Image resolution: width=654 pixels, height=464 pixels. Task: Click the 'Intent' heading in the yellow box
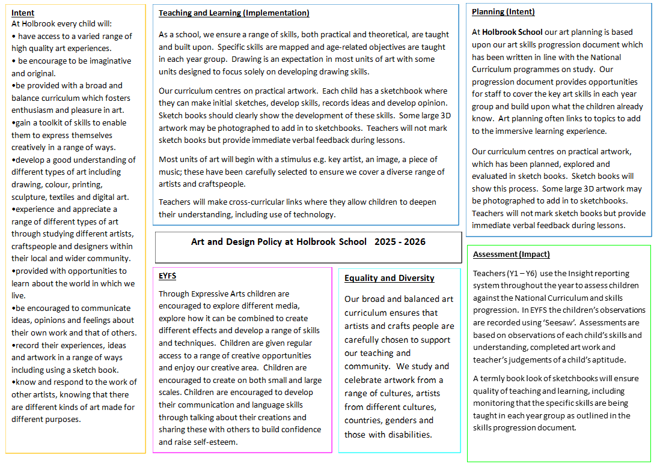(x=23, y=13)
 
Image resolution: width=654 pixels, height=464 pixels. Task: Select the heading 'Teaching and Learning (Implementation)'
(x=234, y=13)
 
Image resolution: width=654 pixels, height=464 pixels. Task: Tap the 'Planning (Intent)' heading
(x=503, y=11)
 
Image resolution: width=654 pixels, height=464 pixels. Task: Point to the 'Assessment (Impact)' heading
(x=512, y=254)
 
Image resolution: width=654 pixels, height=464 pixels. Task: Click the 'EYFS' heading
(x=167, y=276)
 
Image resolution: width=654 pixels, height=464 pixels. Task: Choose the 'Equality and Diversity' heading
(x=389, y=278)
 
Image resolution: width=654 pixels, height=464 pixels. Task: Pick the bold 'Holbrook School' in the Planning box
(x=512, y=32)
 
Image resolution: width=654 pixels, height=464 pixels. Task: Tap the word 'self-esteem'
(x=215, y=442)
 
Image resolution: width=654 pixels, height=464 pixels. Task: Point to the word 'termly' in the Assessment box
(x=493, y=378)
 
